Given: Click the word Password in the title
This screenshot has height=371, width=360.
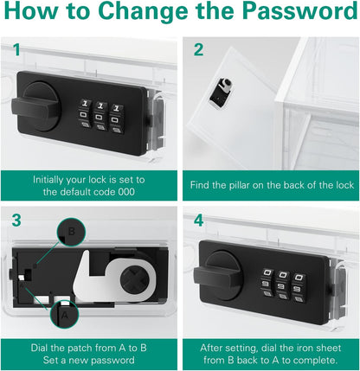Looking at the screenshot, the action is point(300,10).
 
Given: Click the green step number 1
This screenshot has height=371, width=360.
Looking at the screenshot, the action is point(16,50).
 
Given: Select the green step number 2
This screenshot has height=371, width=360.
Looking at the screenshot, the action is point(198,49).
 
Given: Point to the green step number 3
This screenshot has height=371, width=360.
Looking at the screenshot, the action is point(16,221).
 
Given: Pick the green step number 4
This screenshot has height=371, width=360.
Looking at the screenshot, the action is point(199,221).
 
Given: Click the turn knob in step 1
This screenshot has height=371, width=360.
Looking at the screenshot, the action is point(36,106).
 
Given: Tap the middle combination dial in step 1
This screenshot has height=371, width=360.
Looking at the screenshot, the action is point(101,116).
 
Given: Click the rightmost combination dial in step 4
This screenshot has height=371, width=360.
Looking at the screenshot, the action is point(299,288).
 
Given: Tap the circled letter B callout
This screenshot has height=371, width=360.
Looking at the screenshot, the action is point(72,232).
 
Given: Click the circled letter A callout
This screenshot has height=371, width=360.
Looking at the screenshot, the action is point(64,314).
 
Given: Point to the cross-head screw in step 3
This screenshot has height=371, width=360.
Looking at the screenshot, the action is point(134,279).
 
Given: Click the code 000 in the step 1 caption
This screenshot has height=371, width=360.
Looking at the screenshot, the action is point(126,192).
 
